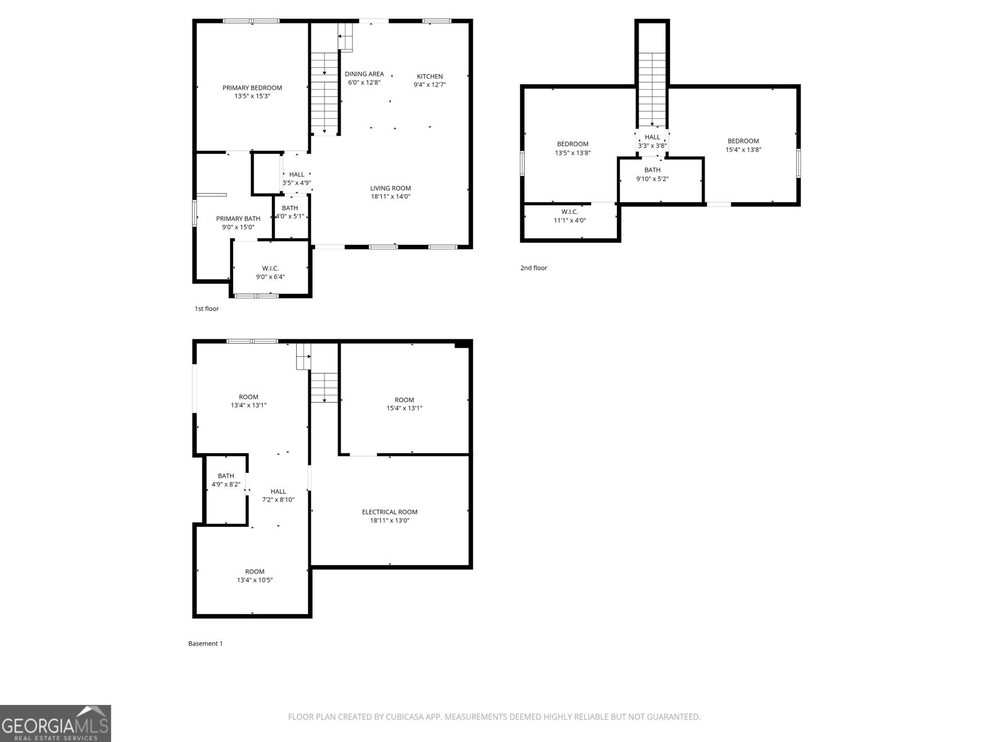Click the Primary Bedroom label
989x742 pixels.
click(x=252, y=88)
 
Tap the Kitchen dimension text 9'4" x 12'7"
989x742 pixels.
click(x=430, y=85)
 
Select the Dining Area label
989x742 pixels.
click(x=364, y=74)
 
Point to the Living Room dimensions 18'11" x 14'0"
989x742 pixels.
click(x=390, y=197)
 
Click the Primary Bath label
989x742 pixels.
click(x=238, y=219)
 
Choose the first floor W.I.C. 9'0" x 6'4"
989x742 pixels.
click(x=270, y=273)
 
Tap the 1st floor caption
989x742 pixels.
click(x=206, y=309)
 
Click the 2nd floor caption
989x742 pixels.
click(x=533, y=268)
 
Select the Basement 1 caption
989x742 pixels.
click(x=205, y=644)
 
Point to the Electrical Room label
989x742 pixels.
click(x=389, y=512)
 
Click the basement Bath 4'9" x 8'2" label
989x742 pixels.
click(x=226, y=480)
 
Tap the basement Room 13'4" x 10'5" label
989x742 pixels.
click(x=255, y=576)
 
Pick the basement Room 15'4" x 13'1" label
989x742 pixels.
click(x=404, y=404)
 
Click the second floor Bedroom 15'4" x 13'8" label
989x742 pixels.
click(x=743, y=145)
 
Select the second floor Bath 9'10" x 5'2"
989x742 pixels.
click(x=652, y=174)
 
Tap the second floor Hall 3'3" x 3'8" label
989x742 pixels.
click(x=652, y=142)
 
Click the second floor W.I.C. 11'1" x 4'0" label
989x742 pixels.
click(x=569, y=216)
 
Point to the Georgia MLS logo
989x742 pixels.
click(x=56, y=723)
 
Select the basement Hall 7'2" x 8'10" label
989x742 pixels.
click(x=278, y=495)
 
